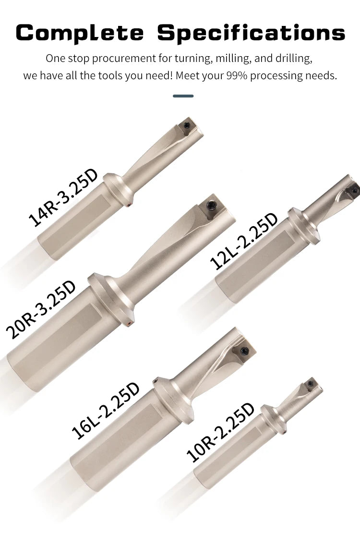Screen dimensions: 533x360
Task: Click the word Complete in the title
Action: pos(79,33)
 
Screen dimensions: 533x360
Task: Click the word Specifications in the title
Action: pos(251,33)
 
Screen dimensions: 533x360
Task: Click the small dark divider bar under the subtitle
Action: pos(183,96)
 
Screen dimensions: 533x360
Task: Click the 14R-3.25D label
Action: pos(63,198)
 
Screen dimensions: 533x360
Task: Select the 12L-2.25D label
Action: pos(244,242)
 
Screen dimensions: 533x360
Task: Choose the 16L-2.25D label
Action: pos(106,411)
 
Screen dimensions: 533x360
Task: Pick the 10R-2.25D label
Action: pos(220,433)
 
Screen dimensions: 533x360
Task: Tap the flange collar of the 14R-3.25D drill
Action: pos(117,190)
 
